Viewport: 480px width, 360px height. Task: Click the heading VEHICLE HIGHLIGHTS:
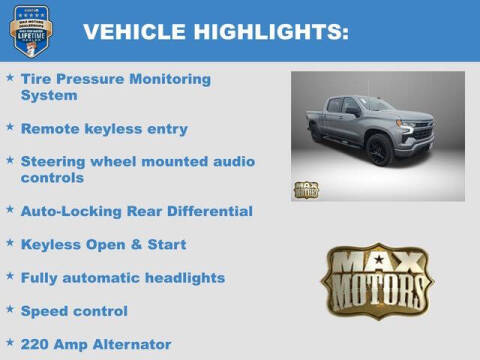click(x=215, y=32)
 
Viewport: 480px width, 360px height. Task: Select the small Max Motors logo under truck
click(x=306, y=189)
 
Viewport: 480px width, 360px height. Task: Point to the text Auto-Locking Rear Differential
click(x=136, y=211)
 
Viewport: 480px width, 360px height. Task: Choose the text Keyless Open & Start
click(x=103, y=244)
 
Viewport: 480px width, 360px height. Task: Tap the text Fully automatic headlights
click(x=122, y=277)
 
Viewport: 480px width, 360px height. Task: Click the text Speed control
click(x=74, y=311)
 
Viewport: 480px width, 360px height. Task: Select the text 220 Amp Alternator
click(x=96, y=344)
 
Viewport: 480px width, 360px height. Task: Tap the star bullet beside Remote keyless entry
click(x=10, y=128)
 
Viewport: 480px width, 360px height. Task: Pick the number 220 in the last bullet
click(x=35, y=344)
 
